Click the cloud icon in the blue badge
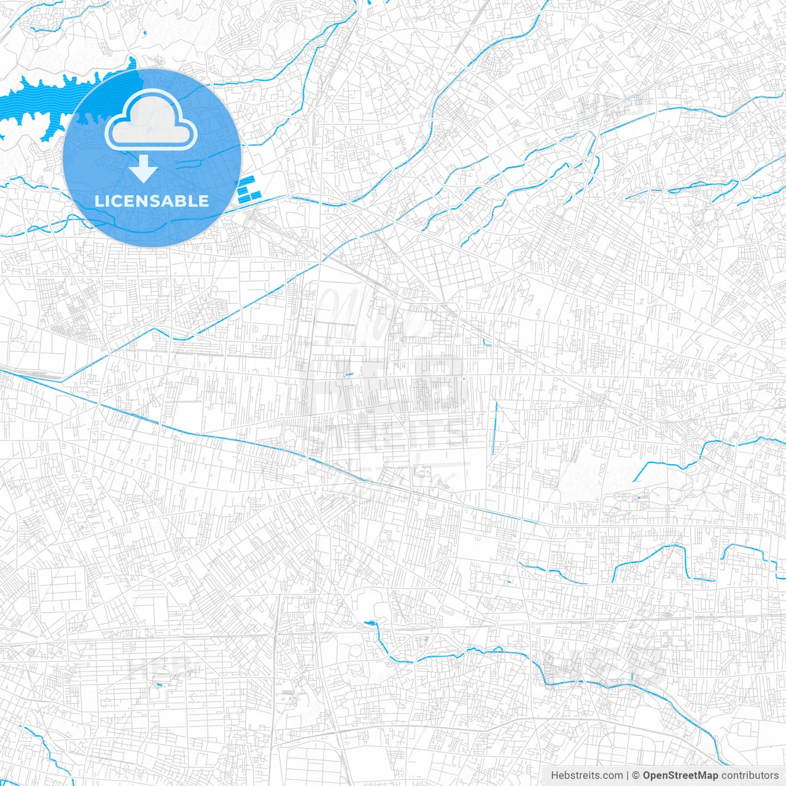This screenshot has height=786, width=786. tap(151, 123)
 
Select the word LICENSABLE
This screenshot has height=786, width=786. tap(152, 201)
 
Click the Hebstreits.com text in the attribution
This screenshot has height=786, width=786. tap(586, 776)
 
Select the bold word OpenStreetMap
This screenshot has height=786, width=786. tap(680, 776)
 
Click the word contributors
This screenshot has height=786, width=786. tap(750, 776)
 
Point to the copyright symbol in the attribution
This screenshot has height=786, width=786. tap(636, 776)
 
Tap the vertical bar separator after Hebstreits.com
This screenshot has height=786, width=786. tap(628, 776)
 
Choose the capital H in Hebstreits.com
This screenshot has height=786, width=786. tap(554, 776)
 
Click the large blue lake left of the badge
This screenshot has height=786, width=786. tap(37, 101)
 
